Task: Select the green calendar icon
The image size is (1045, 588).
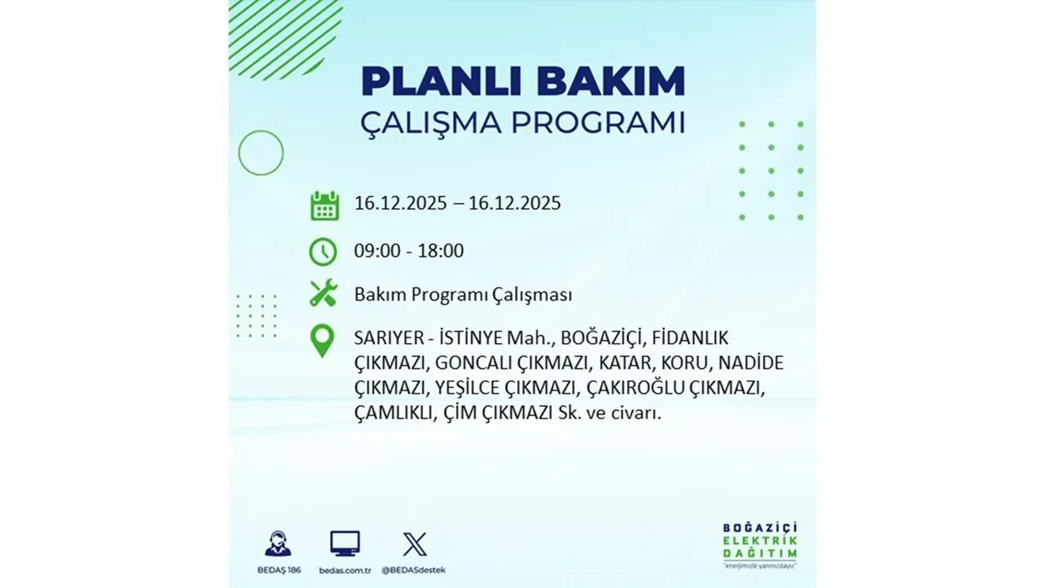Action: point(324,205)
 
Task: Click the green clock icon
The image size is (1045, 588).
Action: point(323,252)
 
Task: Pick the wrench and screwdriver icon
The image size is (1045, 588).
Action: point(323,293)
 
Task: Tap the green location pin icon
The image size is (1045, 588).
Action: point(323,341)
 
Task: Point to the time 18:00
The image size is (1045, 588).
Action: point(440,251)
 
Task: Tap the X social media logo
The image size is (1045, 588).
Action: point(415,544)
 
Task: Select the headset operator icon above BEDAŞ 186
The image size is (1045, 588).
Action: point(278,544)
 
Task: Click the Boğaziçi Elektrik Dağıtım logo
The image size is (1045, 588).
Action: point(760,544)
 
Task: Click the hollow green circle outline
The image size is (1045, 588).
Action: point(260,153)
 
